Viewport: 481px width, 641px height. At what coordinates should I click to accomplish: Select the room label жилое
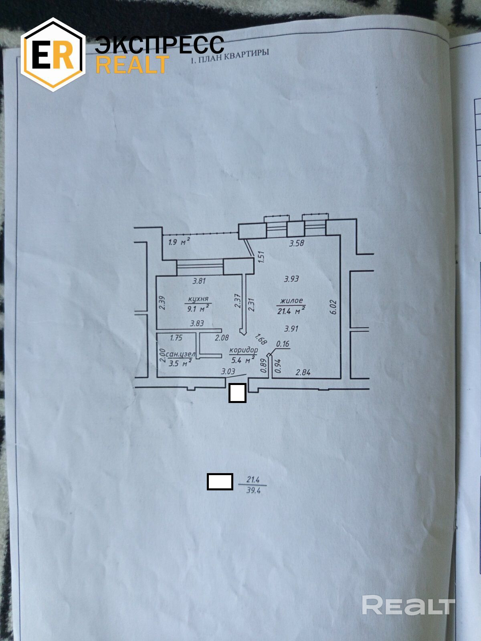(x=291, y=300)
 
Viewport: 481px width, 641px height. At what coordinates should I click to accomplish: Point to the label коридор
(x=243, y=350)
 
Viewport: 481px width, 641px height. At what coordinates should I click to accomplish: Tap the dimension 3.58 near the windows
(x=297, y=243)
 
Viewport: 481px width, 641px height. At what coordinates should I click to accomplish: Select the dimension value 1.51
(x=261, y=256)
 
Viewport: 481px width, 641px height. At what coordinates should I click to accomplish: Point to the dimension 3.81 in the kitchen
(x=199, y=281)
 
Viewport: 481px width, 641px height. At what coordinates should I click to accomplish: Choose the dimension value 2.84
(x=303, y=373)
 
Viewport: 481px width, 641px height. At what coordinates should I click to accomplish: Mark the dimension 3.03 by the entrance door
(x=228, y=371)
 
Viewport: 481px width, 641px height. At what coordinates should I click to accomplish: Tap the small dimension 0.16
(x=283, y=344)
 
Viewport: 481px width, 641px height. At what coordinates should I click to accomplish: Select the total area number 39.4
(x=253, y=490)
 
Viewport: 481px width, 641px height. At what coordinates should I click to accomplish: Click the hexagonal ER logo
(x=53, y=54)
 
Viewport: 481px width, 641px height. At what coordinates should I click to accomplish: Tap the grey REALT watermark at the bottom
(x=408, y=605)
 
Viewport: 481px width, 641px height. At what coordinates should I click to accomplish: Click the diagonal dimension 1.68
(x=261, y=339)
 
